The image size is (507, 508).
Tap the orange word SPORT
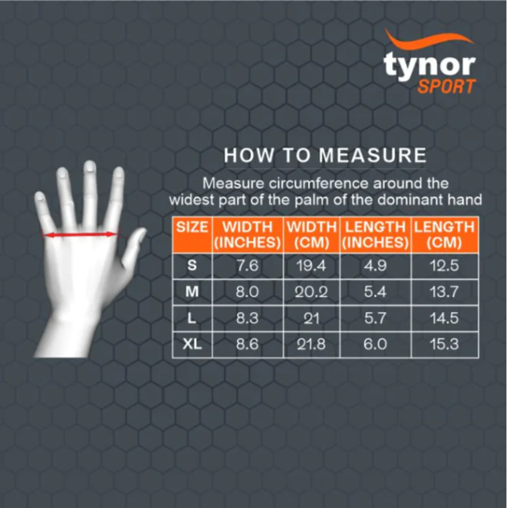(446, 87)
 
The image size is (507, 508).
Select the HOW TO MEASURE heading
(325, 155)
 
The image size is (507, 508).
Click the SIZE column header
(192, 227)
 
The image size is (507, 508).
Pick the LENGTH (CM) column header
(444, 235)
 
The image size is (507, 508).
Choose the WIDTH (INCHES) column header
(247, 235)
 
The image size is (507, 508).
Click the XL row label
(192, 344)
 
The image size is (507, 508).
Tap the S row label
(192, 265)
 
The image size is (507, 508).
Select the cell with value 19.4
(311, 266)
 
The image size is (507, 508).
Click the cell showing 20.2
(311, 292)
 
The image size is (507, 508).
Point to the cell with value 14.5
(444, 318)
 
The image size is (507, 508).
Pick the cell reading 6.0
(375, 344)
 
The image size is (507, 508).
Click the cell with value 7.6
(247, 266)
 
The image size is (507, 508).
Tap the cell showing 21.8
(311, 344)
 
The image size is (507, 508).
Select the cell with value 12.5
(444, 266)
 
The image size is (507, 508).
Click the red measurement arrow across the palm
(80, 234)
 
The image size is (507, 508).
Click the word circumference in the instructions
(318, 183)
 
